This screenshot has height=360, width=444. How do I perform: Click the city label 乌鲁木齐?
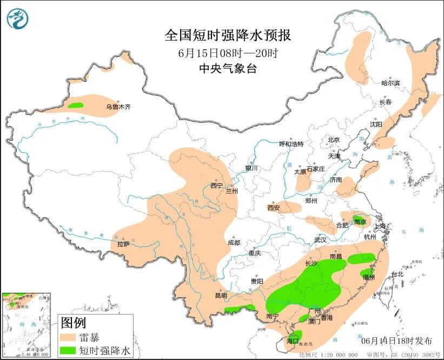(x=118, y=107)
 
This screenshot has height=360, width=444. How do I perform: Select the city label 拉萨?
(x=123, y=244)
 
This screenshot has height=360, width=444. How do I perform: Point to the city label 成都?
(x=234, y=243)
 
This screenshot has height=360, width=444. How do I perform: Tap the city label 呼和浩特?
(x=291, y=144)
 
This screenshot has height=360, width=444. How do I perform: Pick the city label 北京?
(x=334, y=140)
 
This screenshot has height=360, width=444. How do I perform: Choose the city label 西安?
(x=274, y=208)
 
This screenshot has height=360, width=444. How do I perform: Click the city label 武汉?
(x=320, y=240)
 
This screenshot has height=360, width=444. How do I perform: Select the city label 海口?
(x=293, y=341)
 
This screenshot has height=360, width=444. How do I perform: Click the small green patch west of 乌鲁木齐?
(x=75, y=105)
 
